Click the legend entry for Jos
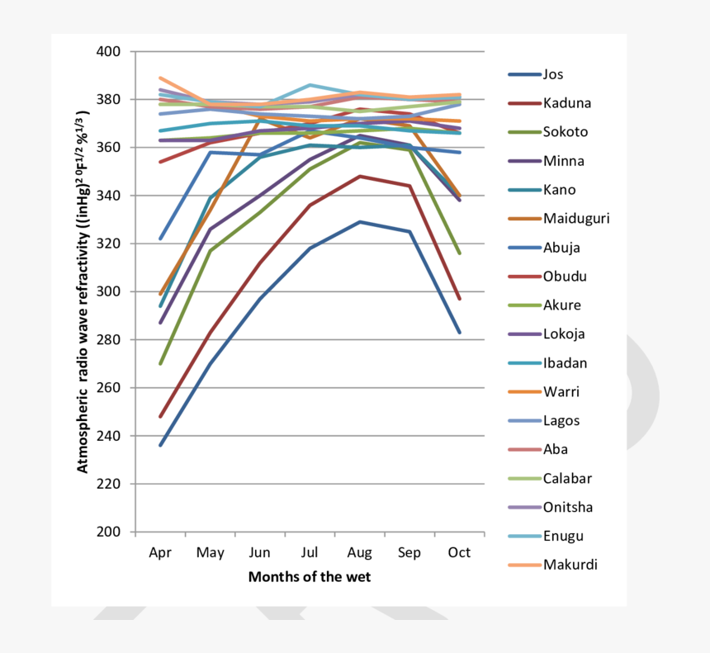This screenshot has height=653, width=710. pos(553,74)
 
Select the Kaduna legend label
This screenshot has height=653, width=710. pos(566,103)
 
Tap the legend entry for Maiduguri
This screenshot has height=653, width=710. pos(576,219)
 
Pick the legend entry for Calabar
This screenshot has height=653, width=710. pos(566,478)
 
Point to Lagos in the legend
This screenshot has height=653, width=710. pos(561,420)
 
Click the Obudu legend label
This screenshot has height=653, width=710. pos(565,277)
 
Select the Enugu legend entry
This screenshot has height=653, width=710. pos(563,536)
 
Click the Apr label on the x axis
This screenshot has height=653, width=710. pos(160,552)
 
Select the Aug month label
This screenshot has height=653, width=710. pos(360,552)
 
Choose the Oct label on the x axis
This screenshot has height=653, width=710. pos(459,552)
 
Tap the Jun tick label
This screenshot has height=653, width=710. pos(259,552)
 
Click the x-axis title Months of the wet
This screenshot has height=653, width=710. pos(310,577)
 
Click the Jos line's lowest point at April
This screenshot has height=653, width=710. pos(160,445)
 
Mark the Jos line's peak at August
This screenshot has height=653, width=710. pos(360,221)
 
